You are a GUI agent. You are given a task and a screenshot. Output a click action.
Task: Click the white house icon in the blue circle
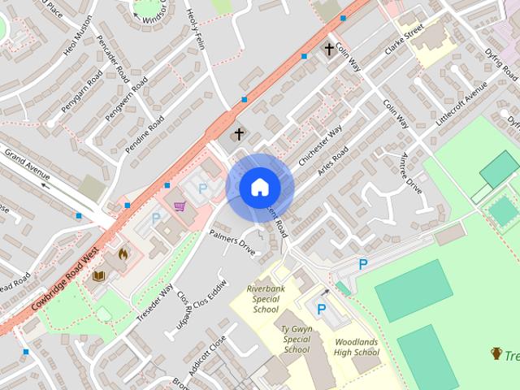259,188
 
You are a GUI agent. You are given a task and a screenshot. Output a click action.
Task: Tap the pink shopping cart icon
180,206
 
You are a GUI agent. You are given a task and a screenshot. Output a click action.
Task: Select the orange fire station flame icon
123,253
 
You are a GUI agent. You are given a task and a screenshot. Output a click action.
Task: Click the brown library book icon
99,276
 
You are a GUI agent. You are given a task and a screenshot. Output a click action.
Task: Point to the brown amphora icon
496,353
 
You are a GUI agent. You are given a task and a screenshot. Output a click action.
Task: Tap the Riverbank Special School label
266,298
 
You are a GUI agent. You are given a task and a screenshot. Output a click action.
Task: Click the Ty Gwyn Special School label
297,339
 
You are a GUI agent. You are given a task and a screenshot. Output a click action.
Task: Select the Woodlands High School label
357,347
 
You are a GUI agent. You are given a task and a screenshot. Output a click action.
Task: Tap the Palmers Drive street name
232,240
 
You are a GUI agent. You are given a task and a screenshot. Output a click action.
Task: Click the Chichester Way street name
320,146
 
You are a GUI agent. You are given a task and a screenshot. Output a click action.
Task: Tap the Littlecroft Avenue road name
462,102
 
